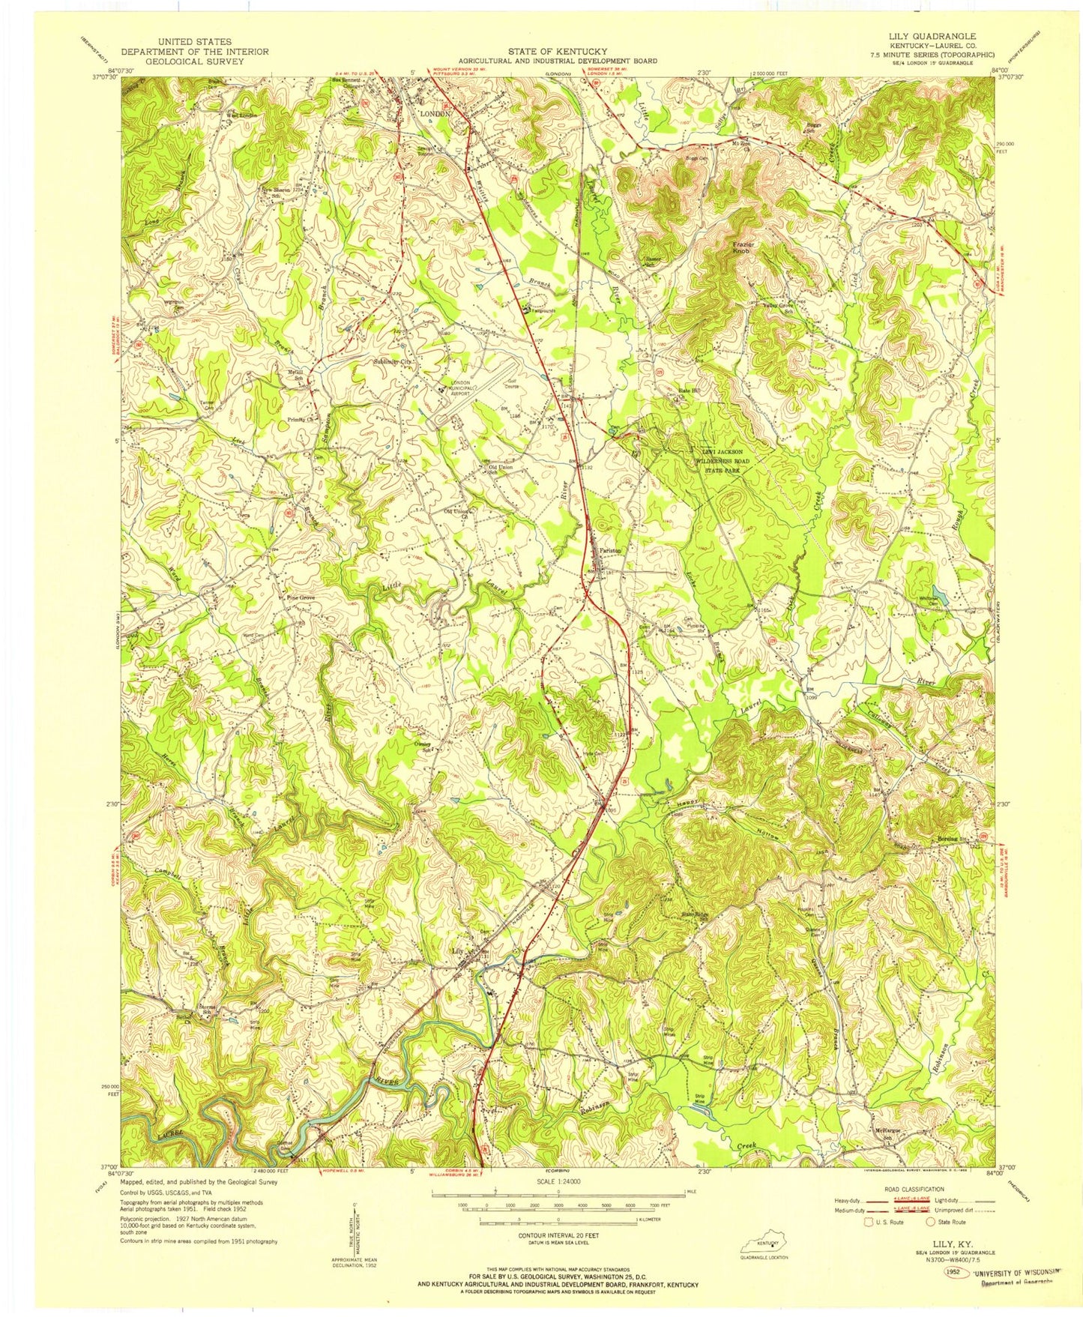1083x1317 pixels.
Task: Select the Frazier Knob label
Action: (747, 247)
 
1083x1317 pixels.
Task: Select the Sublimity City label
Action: (393, 362)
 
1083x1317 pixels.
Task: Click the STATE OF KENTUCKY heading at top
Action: (558, 51)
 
